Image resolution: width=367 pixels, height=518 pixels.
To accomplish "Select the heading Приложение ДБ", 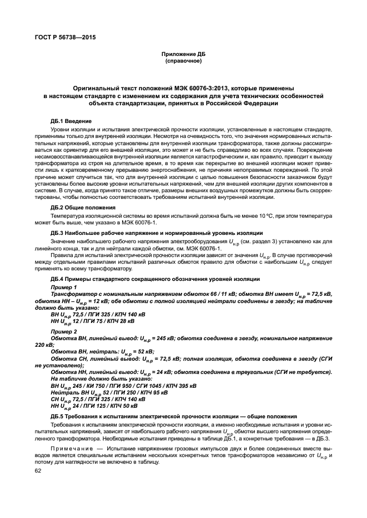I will [x=183, y=53].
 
